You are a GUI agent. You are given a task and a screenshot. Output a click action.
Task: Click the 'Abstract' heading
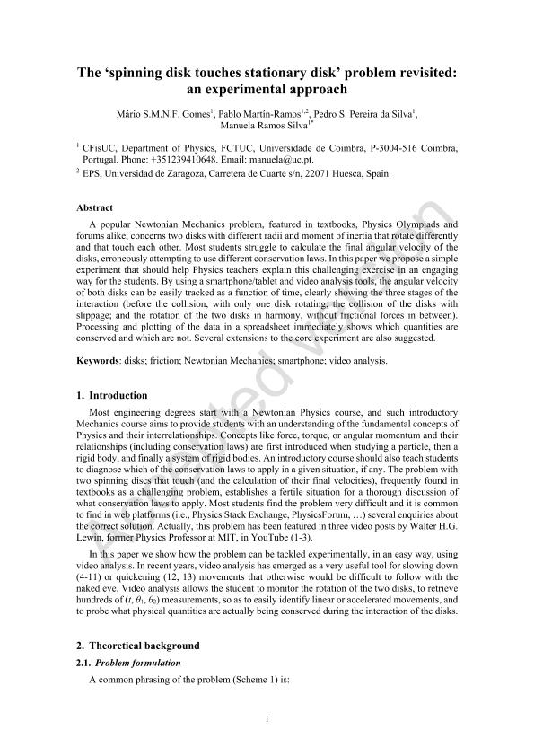96,206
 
